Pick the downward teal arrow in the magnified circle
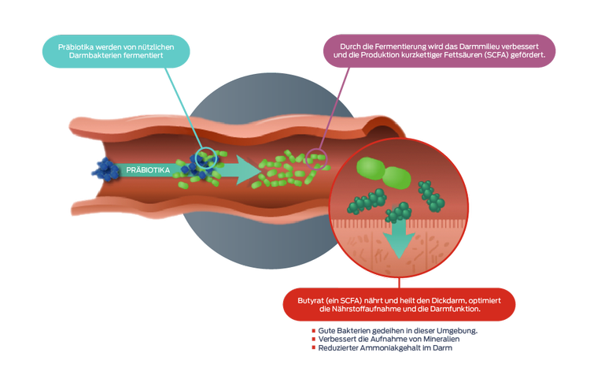click(400, 239)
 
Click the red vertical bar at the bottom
click(315, 344)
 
